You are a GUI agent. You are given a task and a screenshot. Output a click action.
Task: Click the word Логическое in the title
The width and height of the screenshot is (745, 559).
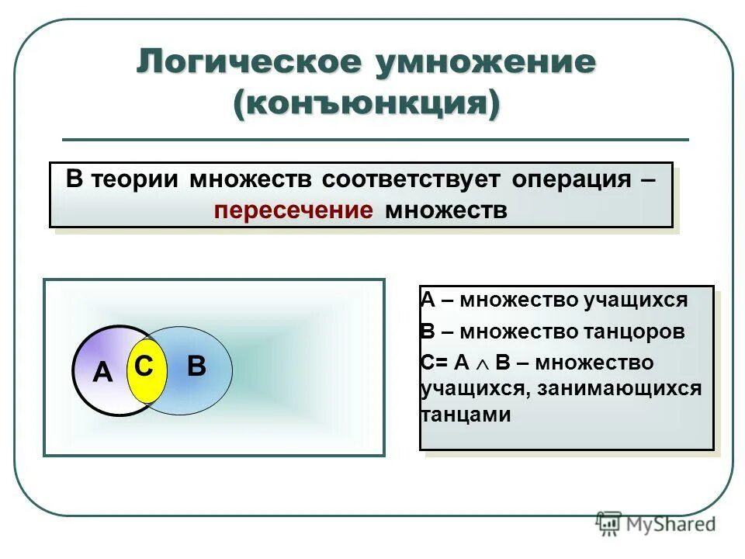(248, 63)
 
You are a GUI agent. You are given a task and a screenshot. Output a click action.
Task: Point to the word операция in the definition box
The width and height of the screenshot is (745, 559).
(571, 179)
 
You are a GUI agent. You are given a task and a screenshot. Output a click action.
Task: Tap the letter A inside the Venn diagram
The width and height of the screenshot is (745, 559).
(102, 373)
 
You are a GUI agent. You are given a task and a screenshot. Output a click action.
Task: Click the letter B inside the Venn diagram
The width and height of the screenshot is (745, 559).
(196, 366)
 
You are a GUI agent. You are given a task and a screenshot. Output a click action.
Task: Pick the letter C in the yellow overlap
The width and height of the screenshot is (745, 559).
(143, 366)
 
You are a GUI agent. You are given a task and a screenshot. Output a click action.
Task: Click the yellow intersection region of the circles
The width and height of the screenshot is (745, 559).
(143, 384)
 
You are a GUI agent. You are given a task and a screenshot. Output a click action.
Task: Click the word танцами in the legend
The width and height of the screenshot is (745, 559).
(466, 415)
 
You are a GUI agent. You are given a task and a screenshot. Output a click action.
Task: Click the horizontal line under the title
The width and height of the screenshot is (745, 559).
(375, 140)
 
